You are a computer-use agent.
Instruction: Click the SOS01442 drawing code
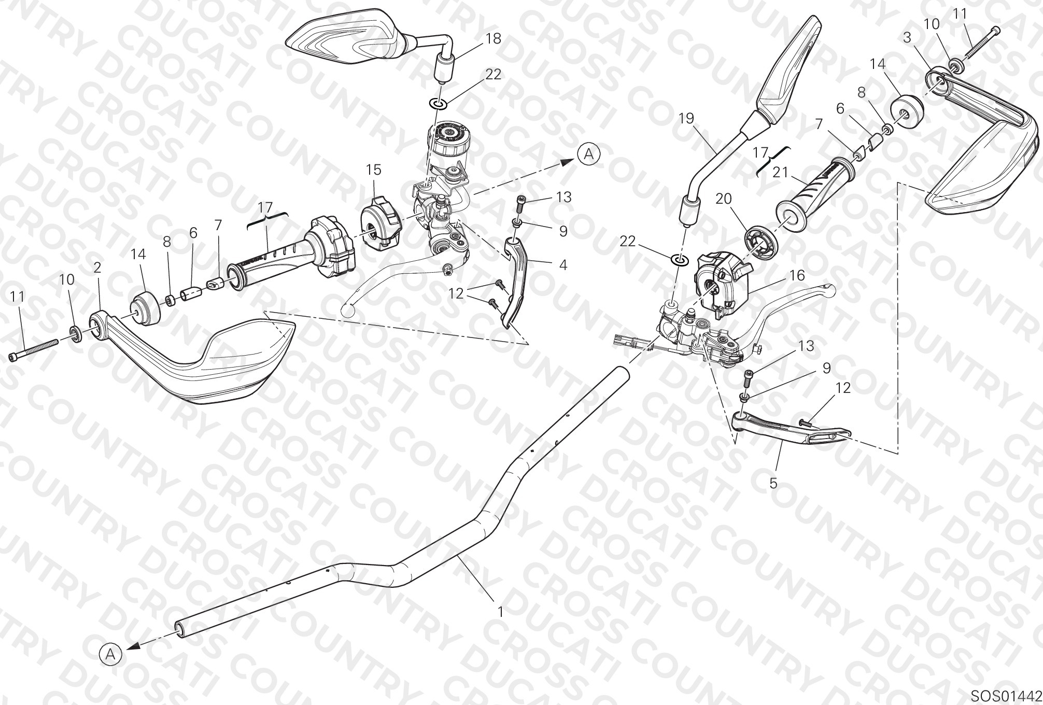[x=1005, y=695]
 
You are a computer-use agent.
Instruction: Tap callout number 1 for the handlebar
[x=500, y=612]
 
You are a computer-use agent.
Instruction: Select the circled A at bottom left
[x=110, y=654]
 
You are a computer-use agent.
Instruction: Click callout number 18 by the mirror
[x=494, y=39]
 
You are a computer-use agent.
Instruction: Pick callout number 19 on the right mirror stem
[x=686, y=119]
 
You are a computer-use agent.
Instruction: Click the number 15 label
[x=373, y=170]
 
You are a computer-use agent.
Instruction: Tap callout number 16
[x=797, y=275]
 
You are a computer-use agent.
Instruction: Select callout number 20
[x=724, y=199]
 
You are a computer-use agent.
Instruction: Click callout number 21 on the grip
[x=780, y=172]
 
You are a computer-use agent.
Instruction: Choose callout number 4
[x=563, y=265]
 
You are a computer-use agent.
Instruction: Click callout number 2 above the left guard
[x=97, y=267]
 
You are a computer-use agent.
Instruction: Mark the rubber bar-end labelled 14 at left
[x=145, y=309]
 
